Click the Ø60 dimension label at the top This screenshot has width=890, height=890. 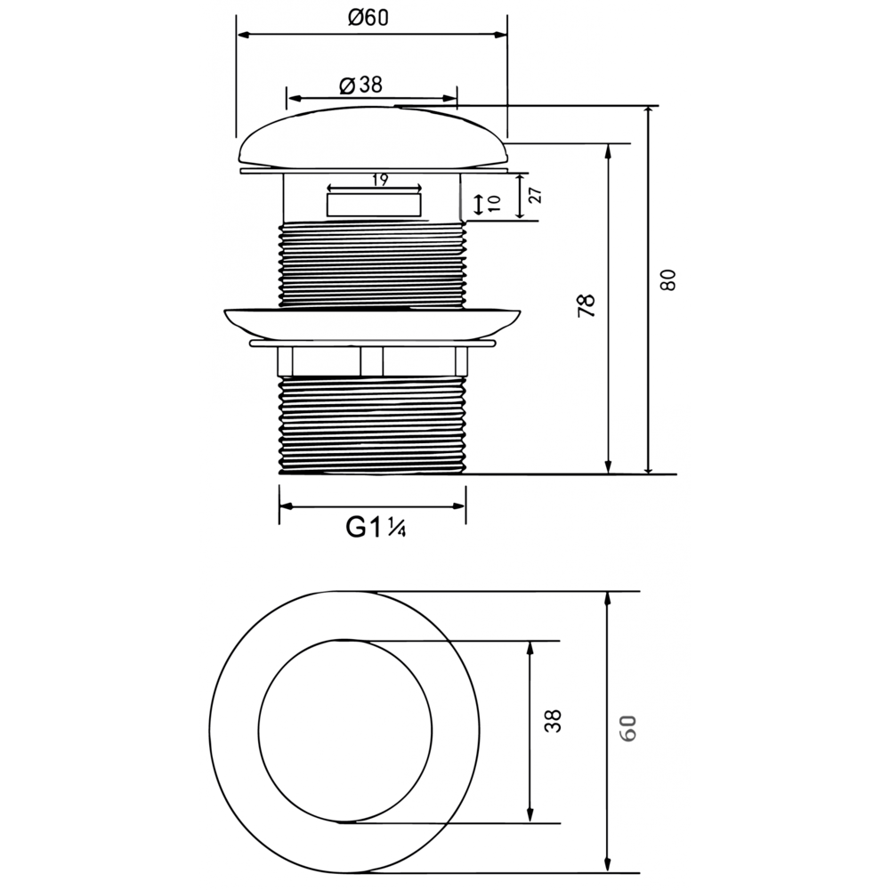coord(368,18)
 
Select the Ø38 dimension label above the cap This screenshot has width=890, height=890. coord(361,85)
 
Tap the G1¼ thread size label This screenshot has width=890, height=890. coord(376,528)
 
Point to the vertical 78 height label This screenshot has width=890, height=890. coord(587,305)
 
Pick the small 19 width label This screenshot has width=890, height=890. coord(380,180)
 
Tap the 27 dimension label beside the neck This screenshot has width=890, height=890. coord(536,195)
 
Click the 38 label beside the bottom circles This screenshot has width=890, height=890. coord(553,721)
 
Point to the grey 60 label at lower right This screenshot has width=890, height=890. coord(627,729)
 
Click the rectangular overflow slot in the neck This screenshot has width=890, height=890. coord(374,205)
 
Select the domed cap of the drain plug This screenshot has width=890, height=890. coord(374,137)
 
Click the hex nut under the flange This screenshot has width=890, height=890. coord(373,361)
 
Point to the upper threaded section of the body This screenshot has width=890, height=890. coord(372,264)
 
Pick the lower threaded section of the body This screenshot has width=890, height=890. coord(372,425)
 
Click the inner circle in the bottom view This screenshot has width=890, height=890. coord(258,731)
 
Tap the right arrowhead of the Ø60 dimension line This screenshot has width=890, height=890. coord(500,36)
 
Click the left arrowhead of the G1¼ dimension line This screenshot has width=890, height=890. coord(286,506)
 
